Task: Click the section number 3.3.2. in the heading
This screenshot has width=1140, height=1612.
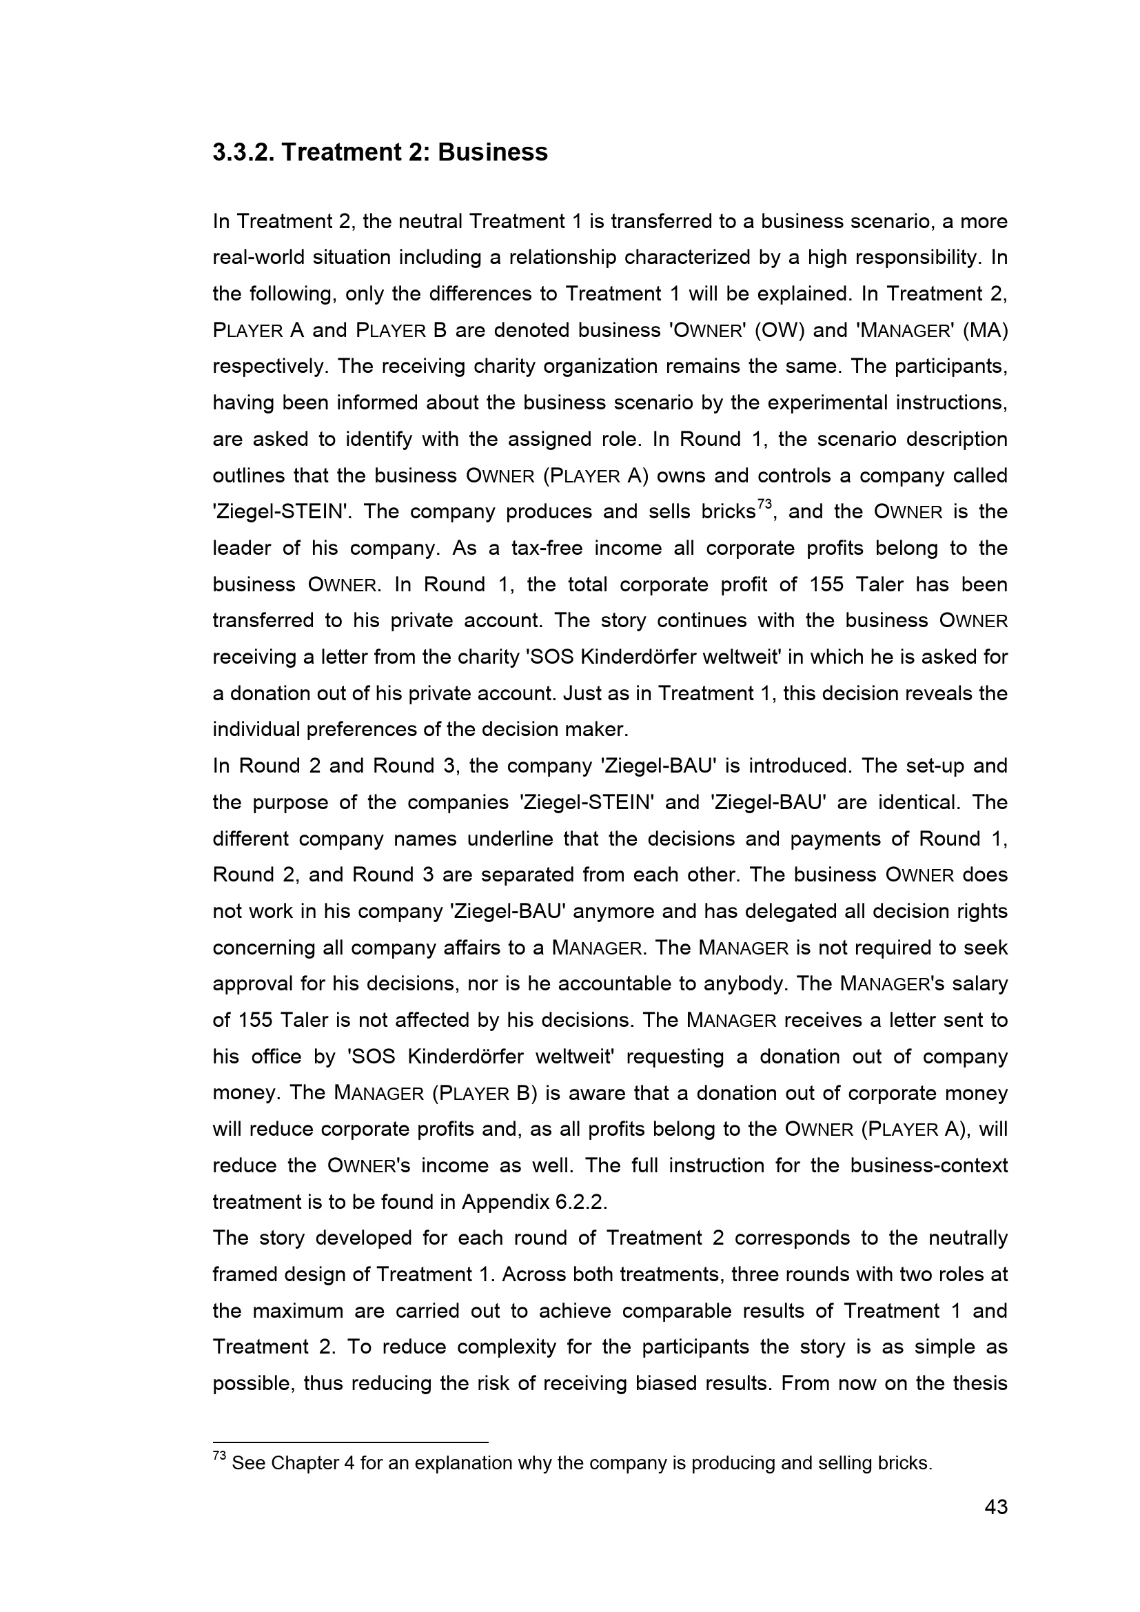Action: click(243, 152)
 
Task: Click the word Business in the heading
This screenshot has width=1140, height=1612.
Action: click(493, 152)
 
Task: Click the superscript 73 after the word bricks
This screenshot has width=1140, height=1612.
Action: click(764, 504)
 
